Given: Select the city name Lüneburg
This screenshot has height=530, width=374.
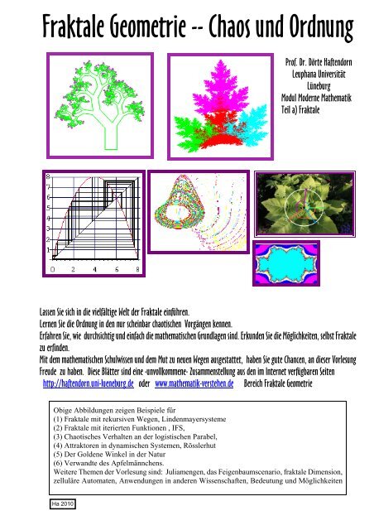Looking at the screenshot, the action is pyautogui.click(x=319, y=85).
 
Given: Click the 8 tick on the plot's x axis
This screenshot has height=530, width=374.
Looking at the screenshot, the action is pyautogui.click(x=137, y=269).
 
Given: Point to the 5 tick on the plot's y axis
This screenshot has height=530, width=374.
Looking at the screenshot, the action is pyautogui.click(x=48, y=208).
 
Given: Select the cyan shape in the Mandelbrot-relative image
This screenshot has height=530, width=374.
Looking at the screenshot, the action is pyautogui.click(x=285, y=263).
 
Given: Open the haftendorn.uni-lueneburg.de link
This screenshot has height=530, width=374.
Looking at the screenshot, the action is pyautogui.click(x=89, y=383).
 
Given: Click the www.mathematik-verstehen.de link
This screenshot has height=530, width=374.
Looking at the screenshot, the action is pyautogui.click(x=194, y=383).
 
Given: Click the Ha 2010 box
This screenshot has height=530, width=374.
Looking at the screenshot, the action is pyautogui.click(x=63, y=504).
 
